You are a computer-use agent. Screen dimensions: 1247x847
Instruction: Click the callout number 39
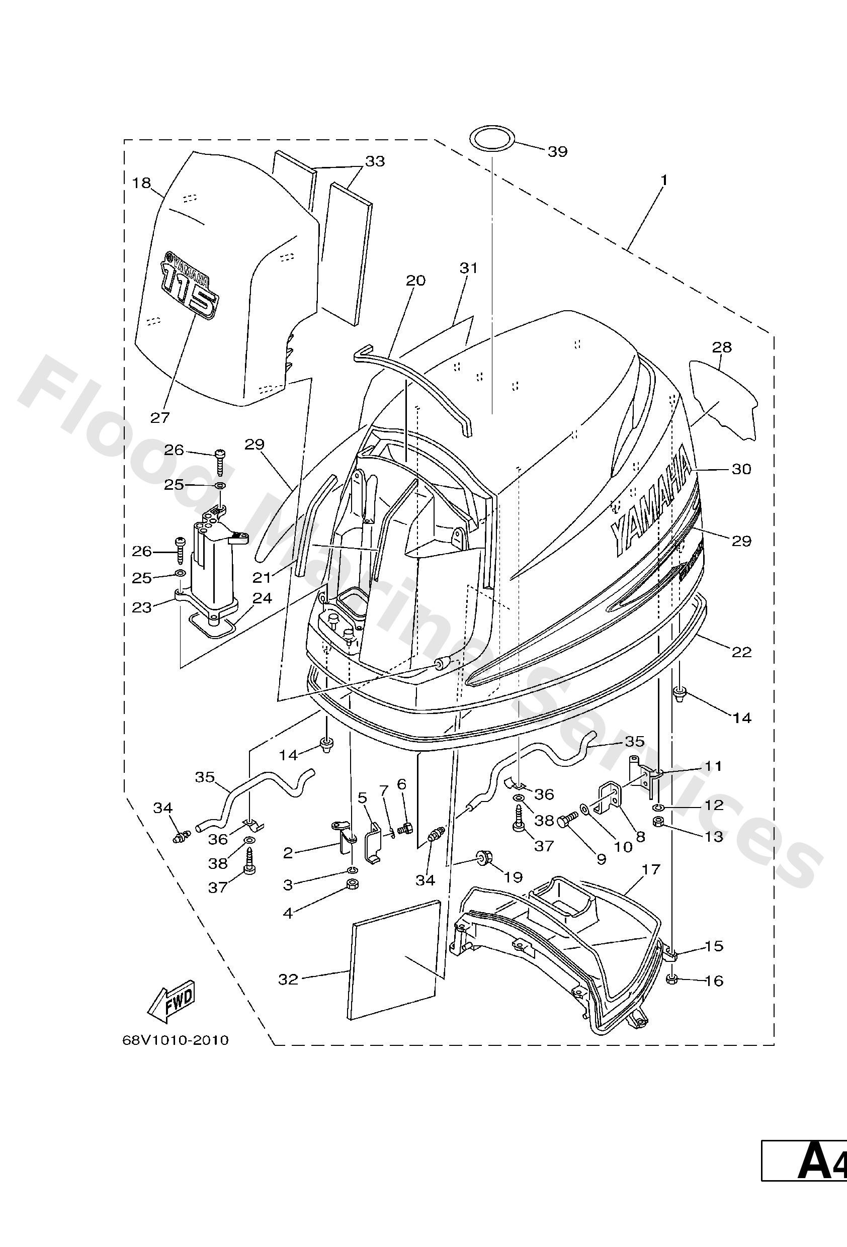click(557, 151)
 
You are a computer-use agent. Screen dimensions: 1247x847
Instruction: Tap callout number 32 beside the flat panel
click(288, 979)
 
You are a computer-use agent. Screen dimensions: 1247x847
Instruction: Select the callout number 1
click(663, 181)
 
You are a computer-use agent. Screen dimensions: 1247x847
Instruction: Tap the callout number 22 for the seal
click(741, 652)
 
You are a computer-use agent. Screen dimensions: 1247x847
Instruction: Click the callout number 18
click(142, 184)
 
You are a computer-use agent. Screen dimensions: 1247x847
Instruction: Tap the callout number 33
click(375, 161)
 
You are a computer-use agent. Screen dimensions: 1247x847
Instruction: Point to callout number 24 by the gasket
click(262, 598)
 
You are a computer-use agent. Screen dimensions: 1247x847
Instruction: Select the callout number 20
click(415, 281)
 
